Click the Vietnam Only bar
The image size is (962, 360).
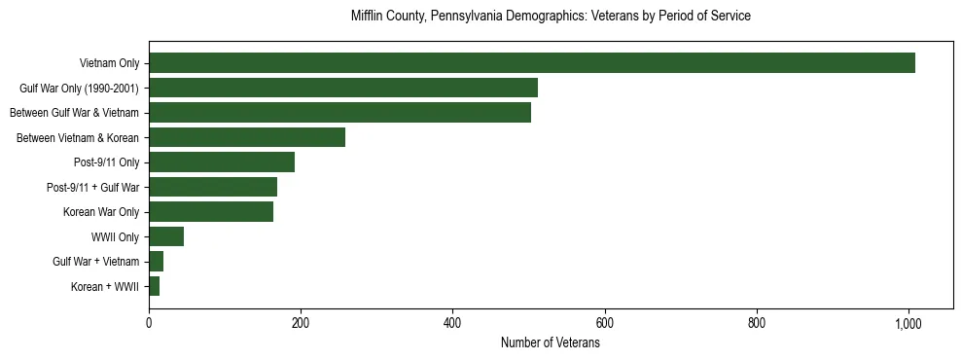pos(532,63)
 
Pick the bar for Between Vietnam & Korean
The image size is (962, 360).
pos(247,137)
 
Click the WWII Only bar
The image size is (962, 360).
pos(166,236)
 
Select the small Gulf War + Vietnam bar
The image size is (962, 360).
pos(157,262)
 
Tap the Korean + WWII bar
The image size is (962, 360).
pos(155,286)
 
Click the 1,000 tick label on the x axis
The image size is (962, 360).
pos(909,323)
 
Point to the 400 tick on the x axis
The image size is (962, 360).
pos(452,323)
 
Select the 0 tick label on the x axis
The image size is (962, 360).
pos(149,323)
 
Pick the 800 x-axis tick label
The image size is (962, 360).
pos(757,323)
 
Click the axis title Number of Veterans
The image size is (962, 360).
pos(550,343)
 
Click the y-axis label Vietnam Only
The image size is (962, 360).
pos(109,64)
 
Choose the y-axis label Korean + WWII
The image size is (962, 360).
pos(105,287)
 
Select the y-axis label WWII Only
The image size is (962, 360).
pos(115,237)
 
